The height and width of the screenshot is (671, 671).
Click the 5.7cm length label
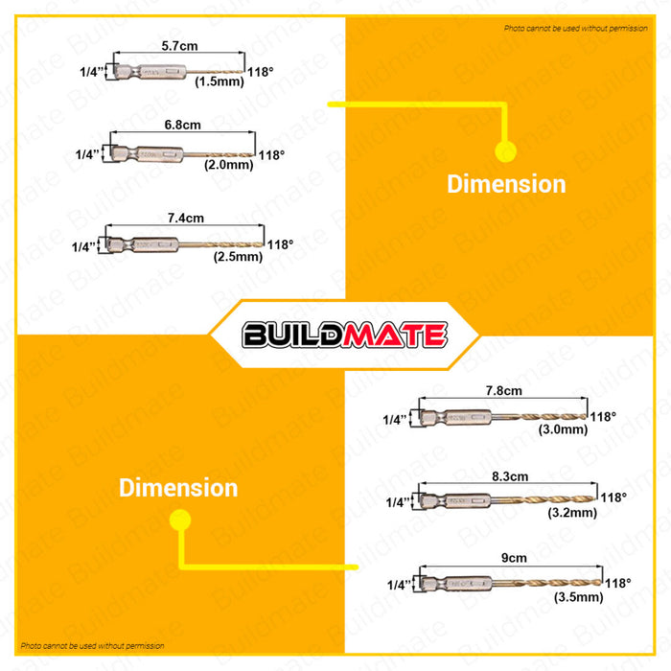click(179, 44)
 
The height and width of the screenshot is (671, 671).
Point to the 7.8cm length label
click(504, 390)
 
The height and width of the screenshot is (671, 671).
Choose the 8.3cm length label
click(509, 474)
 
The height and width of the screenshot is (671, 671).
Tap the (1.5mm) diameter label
click(220, 82)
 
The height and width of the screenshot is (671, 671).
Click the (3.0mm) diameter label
click(563, 428)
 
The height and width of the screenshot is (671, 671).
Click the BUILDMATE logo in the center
click(344, 335)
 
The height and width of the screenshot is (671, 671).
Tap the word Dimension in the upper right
click(506, 184)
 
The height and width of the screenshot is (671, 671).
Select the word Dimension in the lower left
click(178, 487)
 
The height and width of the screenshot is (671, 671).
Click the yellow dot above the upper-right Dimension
click(506, 150)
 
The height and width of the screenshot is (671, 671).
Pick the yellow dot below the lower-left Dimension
click(178, 520)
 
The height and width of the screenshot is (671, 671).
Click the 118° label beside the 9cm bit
click(617, 583)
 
